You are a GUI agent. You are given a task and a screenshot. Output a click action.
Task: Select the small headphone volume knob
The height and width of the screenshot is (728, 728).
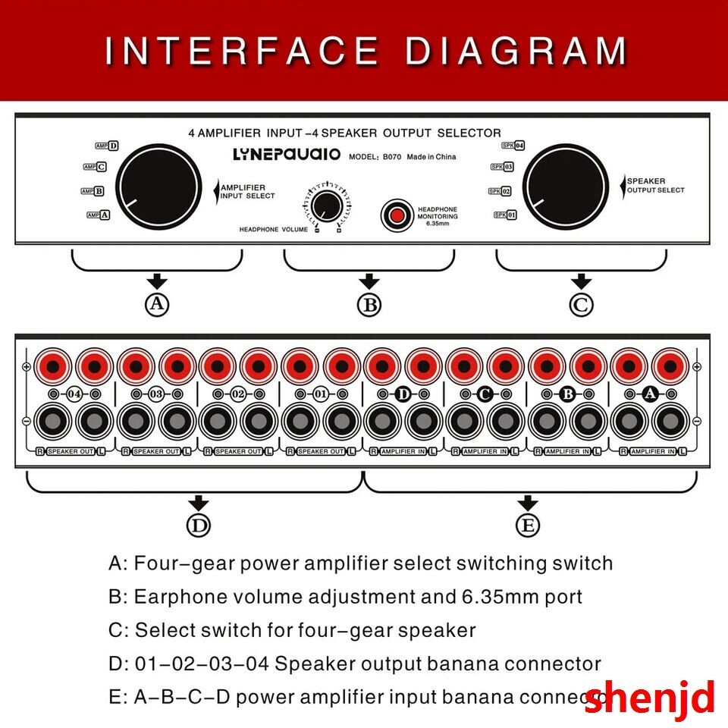point(327,206)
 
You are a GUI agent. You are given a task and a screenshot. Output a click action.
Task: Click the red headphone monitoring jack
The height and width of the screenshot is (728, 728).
point(396,215)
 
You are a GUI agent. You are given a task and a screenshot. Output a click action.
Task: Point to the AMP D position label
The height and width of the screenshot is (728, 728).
point(106,146)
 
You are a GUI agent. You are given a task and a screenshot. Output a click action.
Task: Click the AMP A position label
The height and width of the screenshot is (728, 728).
point(99,215)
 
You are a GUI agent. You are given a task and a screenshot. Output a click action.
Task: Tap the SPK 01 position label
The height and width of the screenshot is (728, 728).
point(505,215)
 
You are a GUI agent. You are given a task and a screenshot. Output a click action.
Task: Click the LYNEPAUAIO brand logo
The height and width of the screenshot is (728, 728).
point(286,155)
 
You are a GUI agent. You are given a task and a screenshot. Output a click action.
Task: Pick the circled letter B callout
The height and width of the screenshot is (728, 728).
point(369,304)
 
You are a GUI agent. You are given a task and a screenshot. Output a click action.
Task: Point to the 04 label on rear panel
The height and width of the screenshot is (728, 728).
point(74,394)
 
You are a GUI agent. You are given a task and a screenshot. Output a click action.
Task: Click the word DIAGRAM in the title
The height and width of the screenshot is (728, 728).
point(516,50)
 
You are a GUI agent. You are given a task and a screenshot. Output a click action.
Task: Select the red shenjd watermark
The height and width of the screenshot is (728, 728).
point(649,697)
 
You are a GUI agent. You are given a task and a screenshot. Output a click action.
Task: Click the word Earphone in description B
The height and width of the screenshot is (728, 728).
point(179,596)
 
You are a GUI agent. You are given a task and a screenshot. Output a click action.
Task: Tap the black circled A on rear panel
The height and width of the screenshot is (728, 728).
point(649,394)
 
